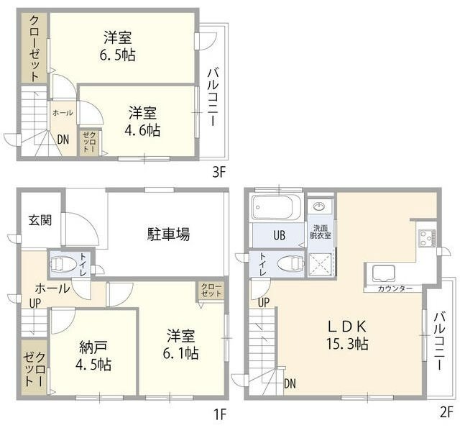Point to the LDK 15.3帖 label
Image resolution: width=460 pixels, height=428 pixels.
pos(349,334)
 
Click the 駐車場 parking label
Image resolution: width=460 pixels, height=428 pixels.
pos(169,234)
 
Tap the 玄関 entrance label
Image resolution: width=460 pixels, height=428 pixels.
pos(40,220)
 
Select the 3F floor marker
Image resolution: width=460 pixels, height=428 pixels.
pos(218,173)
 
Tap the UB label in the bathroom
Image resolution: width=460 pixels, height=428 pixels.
pos(277,235)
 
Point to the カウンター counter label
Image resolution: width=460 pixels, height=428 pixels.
pos(395,288)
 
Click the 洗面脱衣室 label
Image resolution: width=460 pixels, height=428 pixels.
pos(319,231)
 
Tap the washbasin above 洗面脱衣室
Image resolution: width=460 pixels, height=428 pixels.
pos(320,207)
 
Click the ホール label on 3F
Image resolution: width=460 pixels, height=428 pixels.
pos(63,113)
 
